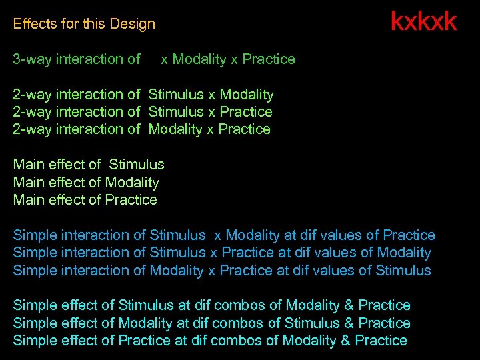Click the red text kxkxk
[x=423, y=21]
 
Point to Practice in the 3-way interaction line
[x=269, y=59]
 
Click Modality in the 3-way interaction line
[x=199, y=59]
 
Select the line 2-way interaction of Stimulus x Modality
[x=143, y=95]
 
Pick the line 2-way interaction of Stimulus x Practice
[x=143, y=112]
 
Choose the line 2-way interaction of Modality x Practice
[x=142, y=129]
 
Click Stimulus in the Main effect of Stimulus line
[x=136, y=164]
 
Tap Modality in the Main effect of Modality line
[x=132, y=182]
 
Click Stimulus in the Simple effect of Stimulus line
[x=145, y=305]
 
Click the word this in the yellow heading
[x=94, y=24]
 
